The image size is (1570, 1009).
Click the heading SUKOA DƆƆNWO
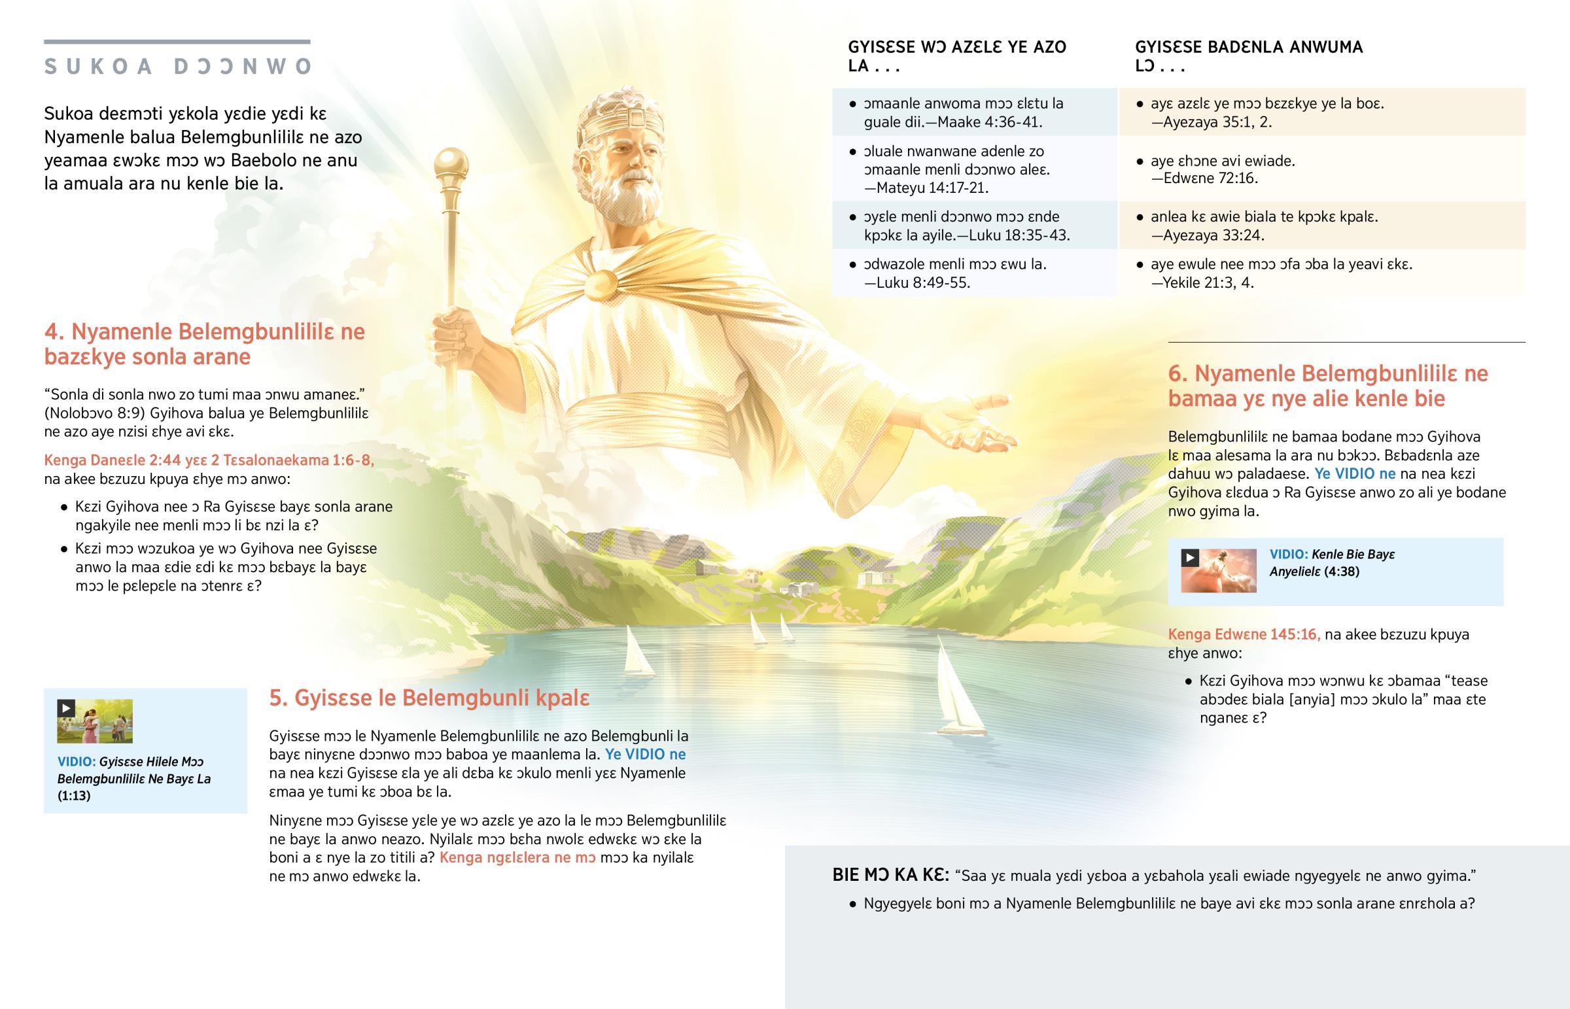click(x=177, y=67)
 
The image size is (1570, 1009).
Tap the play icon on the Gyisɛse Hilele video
click(x=65, y=708)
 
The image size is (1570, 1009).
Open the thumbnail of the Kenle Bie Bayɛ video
click(x=1219, y=571)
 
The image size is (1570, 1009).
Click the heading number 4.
click(x=54, y=332)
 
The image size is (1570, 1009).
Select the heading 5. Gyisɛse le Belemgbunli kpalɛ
click(x=429, y=698)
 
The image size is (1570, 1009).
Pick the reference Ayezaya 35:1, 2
click(x=1217, y=122)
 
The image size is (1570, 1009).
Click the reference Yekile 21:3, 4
click(x=1208, y=283)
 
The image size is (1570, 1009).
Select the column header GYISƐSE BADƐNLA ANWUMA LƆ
click(x=1248, y=56)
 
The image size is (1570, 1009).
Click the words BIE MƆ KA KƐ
click(x=890, y=876)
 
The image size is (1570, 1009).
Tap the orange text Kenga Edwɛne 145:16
click(x=1244, y=634)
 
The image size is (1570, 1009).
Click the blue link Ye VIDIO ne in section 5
click(x=646, y=754)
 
